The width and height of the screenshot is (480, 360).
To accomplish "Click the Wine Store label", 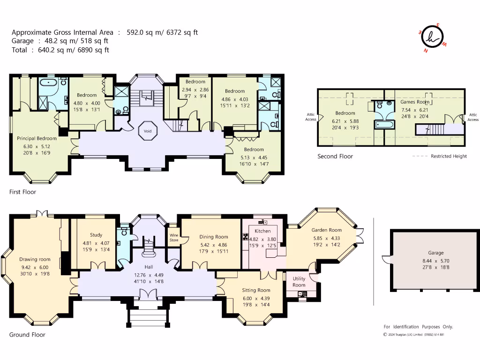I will pyautogui.click(x=174, y=238).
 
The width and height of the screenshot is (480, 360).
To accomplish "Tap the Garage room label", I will pyautogui.click(x=435, y=253).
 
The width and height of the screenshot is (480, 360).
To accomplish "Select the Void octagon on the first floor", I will pyautogui.click(x=148, y=131).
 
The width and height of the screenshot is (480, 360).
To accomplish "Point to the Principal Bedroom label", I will pyautogui.click(x=37, y=138).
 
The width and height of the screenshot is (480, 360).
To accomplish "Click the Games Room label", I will pyautogui.click(x=415, y=102).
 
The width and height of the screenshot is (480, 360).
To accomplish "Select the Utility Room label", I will pyautogui.click(x=299, y=282).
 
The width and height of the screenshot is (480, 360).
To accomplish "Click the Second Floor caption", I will pyautogui.click(x=335, y=156).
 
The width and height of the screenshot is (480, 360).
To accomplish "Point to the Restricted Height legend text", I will pyautogui.click(x=449, y=156).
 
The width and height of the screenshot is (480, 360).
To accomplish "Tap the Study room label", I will pyautogui.click(x=96, y=235).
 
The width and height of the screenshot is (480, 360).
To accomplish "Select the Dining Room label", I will pyautogui.click(x=214, y=237).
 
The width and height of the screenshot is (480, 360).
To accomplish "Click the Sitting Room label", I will pyautogui.click(x=256, y=290).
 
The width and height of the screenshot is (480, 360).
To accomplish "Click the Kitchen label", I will pyautogui.click(x=262, y=231).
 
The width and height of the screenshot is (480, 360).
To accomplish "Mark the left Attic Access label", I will pyautogui.click(x=311, y=117).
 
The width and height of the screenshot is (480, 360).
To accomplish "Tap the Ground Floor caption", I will pyautogui.click(x=27, y=335).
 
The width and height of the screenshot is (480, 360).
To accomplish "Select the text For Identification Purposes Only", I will pyautogui.click(x=419, y=327).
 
